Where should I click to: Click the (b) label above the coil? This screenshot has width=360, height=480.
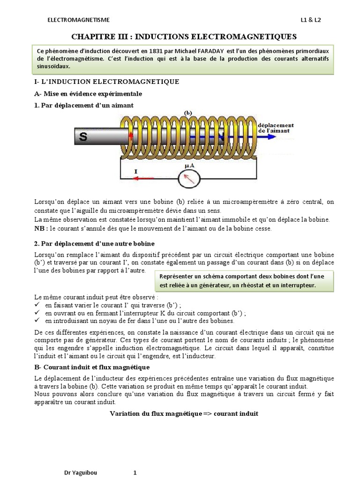point(188,113)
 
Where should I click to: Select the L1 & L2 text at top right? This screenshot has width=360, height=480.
point(311,20)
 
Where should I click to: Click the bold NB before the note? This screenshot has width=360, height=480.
point(41,229)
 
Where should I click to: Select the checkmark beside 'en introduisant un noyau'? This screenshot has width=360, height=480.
point(38,321)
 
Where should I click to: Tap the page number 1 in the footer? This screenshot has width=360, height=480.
point(135,473)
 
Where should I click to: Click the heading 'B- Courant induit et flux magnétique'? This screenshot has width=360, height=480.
point(92,367)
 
